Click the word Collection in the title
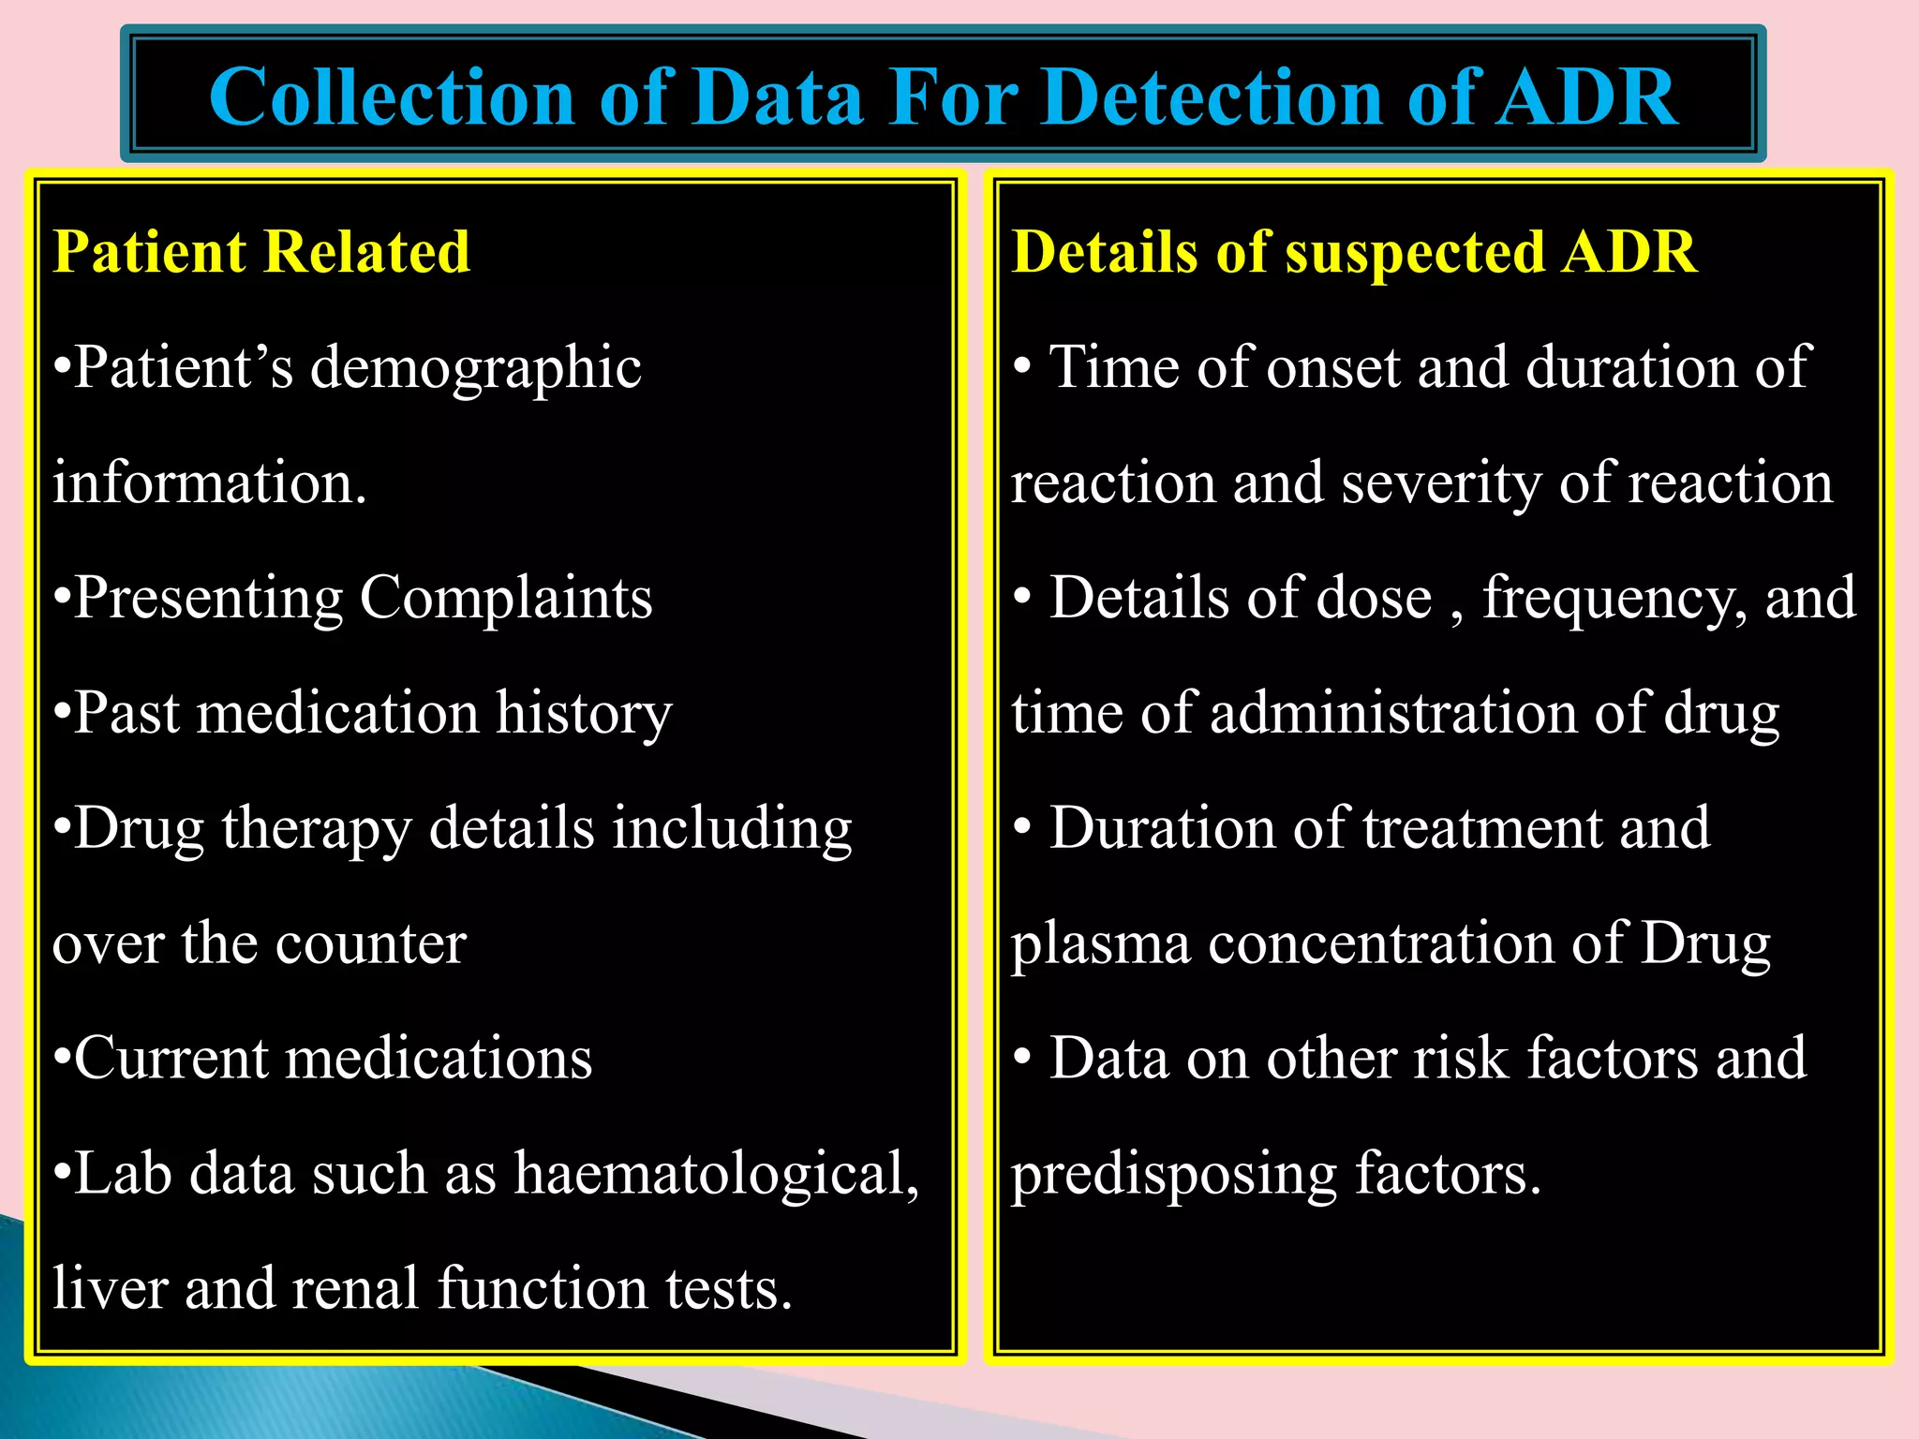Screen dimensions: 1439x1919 click(392, 97)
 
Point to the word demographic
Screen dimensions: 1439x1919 click(476, 369)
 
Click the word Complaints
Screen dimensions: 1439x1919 click(506, 598)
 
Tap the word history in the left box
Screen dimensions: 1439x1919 click(584, 714)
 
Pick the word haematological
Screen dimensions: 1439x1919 click(717, 1173)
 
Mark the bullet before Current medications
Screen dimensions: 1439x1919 click(62, 1060)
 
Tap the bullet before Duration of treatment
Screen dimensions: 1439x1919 click(1022, 827)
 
